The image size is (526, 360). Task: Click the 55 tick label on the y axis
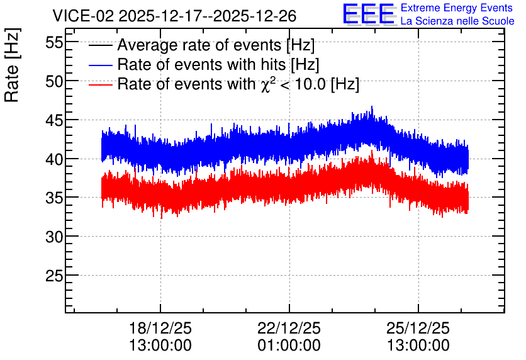tap(54, 43)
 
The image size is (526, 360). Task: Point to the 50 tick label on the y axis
tap(54, 82)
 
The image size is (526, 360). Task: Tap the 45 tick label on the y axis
tap(54, 120)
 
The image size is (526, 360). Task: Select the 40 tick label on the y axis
tap(54, 159)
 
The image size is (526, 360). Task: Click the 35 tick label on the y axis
tap(54, 198)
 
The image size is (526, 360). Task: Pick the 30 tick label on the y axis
tap(54, 237)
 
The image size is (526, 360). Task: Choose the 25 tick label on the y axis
tap(54, 276)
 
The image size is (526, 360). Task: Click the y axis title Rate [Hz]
tap(12, 65)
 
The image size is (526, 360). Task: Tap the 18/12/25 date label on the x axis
tap(160, 328)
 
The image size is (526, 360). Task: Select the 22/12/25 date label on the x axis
tap(289, 328)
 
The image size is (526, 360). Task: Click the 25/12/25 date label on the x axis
tap(418, 328)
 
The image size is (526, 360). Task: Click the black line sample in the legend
tap(101, 45)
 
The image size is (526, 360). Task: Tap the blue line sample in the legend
tap(101, 65)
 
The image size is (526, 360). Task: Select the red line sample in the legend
tap(101, 84)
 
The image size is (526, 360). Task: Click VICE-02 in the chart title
tap(84, 16)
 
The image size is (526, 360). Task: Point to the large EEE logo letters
tap(369, 14)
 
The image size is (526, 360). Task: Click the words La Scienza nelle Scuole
tap(457, 21)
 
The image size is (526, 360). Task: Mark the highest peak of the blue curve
tap(372, 106)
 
